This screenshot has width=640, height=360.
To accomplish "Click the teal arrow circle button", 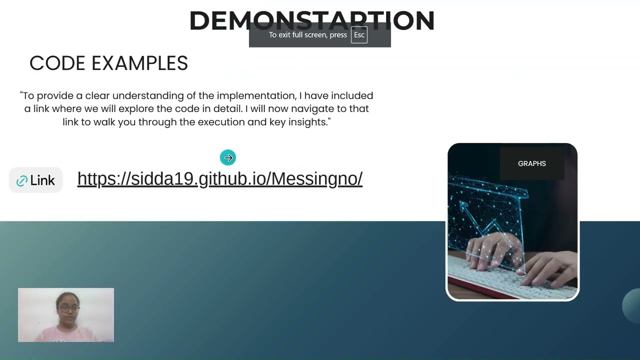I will tap(228, 158).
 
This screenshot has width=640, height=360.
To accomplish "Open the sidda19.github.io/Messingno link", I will tap(219, 178).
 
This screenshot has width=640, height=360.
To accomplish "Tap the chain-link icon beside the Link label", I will tap(21, 181).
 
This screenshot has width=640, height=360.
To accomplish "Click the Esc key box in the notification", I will tap(359, 35).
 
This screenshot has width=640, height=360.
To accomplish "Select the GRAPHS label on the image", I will tap(531, 163).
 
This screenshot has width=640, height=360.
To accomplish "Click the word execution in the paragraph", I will tap(221, 122).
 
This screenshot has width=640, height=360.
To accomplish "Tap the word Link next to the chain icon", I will tap(42, 181).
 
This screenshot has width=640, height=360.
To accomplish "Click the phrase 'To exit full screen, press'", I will tap(307, 35).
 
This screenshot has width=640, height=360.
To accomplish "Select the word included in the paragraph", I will tap(352, 95).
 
